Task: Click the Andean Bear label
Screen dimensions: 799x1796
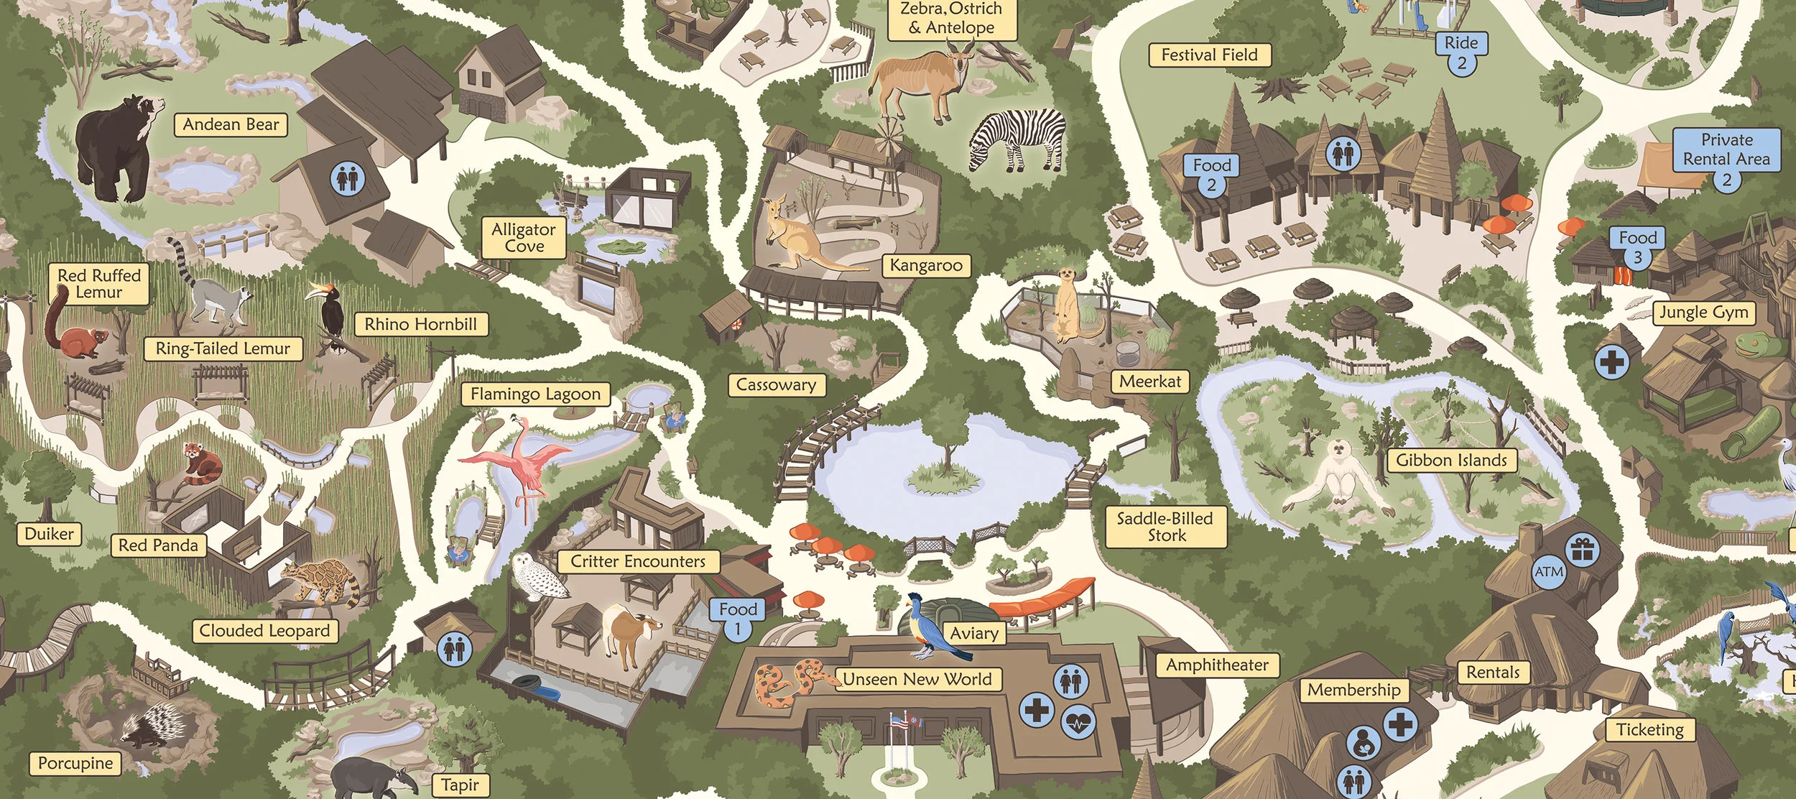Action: click(x=231, y=125)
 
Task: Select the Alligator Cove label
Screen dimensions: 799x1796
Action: click(x=524, y=238)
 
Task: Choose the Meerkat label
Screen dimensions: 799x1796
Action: click(x=1149, y=382)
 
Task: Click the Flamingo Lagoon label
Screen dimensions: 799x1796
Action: click(x=535, y=394)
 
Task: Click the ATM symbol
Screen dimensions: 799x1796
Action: click(x=1548, y=572)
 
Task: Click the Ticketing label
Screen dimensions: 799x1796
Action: click(x=1649, y=730)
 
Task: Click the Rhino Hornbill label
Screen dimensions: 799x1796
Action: click(x=420, y=324)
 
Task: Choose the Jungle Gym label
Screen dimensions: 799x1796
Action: click(x=1703, y=313)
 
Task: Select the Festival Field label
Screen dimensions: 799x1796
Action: click(x=1209, y=55)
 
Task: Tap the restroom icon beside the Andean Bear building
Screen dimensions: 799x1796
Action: click(x=347, y=177)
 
